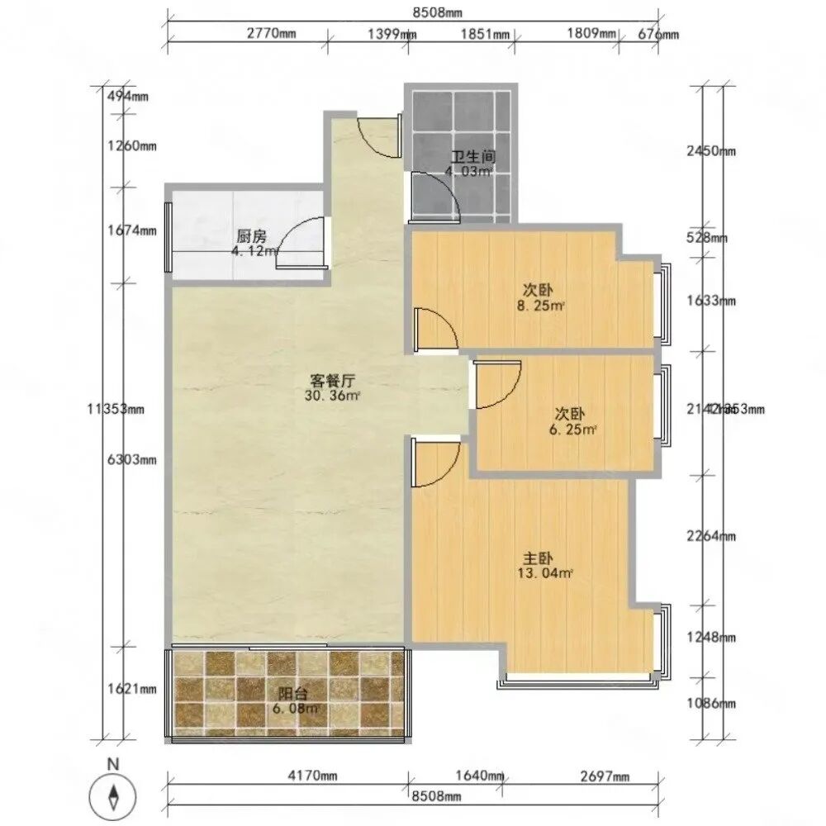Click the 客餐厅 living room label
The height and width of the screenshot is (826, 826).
coord(333,381)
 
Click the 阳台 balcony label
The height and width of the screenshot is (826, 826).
coord(289,693)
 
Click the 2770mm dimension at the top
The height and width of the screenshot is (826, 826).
coord(271,34)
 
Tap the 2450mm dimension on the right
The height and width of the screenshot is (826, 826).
coord(710,151)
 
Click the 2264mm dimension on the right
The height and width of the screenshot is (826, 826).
coord(710,537)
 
